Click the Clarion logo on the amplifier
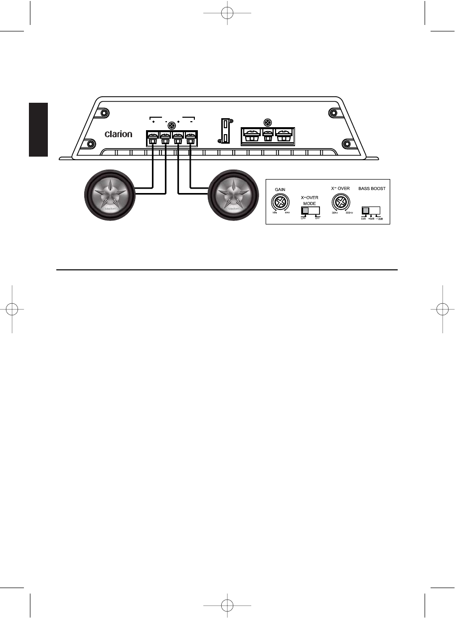pos(118,134)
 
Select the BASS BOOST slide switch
pos(370,210)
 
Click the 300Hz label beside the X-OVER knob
pos(349,213)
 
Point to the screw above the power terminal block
pos(268,122)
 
